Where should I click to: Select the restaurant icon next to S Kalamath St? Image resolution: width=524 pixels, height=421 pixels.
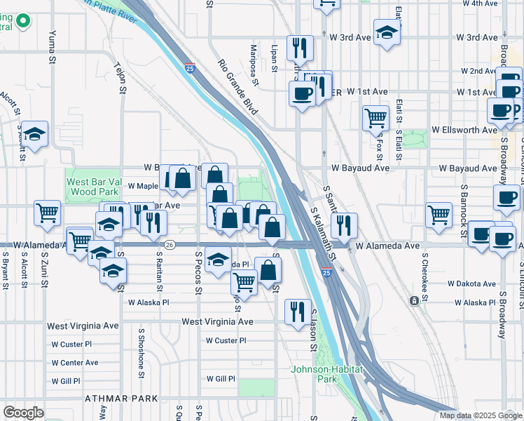point(343,225)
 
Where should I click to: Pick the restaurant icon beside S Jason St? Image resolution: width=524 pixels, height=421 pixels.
point(298,309)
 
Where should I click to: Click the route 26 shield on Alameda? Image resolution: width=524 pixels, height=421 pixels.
point(170,244)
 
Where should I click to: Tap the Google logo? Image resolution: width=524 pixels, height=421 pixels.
point(23,412)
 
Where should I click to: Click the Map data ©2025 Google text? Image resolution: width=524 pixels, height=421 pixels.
point(481,415)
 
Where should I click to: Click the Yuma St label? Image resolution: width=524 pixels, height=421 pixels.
point(52,47)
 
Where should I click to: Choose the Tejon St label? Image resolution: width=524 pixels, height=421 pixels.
point(120,77)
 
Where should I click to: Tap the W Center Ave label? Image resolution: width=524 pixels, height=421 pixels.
point(74,363)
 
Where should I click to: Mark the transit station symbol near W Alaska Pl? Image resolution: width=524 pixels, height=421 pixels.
point(414,300)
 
